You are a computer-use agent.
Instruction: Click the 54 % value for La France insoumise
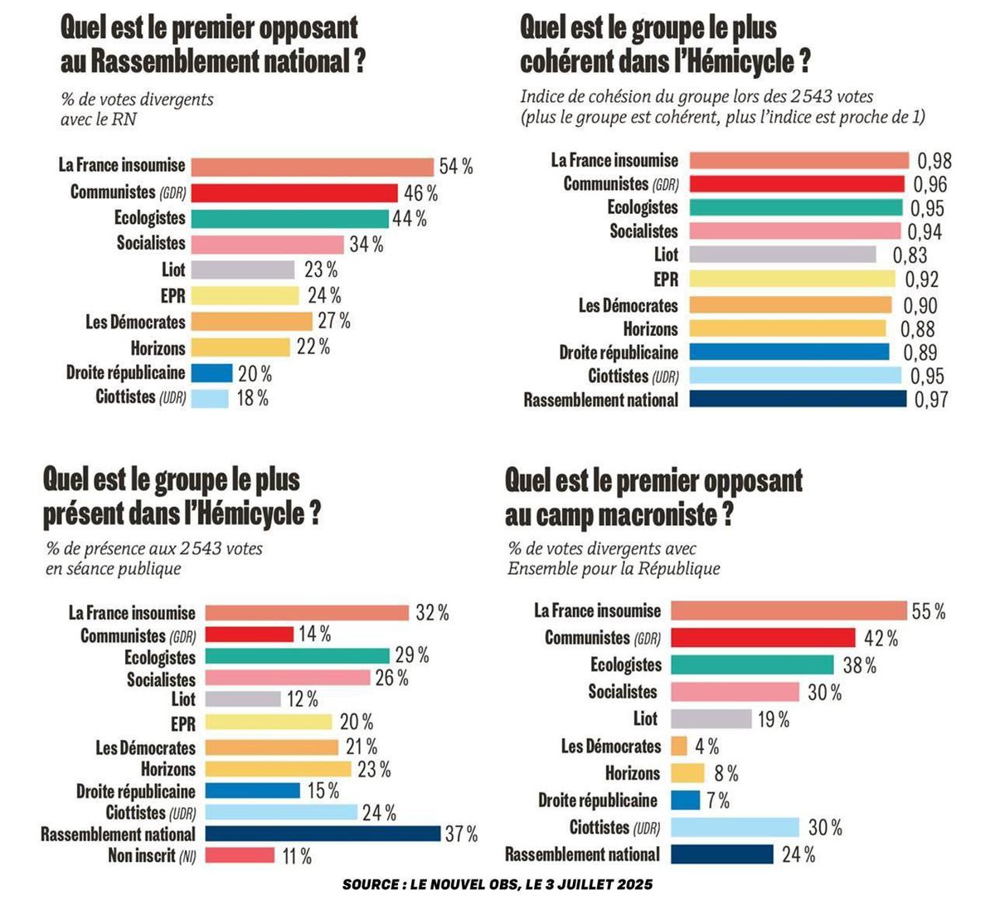tap(456, 167)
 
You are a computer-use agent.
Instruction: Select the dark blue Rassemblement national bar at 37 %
tap(323, 834)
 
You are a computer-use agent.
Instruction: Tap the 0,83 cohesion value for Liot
tap(910, 255)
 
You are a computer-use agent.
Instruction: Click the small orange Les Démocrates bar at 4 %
tap(678, 746)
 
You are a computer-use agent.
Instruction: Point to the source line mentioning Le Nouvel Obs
tap(498, 884)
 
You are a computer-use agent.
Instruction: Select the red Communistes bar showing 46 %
tap(294, 192)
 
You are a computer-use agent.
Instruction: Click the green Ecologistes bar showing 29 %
tap(297, 656)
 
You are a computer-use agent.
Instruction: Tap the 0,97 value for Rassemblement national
tap(930, 400)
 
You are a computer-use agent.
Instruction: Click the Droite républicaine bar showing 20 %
tap(211, 373)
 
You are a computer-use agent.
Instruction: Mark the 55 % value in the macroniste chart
tap(929, 611)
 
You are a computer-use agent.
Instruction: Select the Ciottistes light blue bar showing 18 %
tap(210, 398)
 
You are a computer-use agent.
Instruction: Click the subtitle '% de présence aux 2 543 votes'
tap(154, 549)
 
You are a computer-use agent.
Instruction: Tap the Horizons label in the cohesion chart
tap(650, 329)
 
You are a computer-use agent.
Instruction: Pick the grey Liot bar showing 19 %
tap(711, 718)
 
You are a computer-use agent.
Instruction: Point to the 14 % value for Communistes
tap(314, 635)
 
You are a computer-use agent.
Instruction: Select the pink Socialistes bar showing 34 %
tap(267, 244)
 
